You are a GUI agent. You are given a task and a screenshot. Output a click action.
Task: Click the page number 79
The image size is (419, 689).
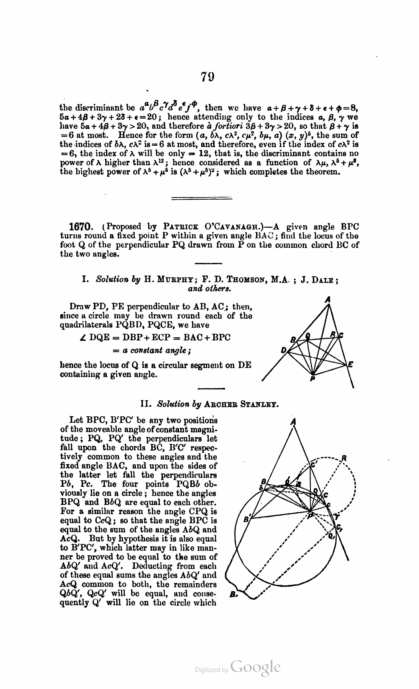click(x=208, y=77)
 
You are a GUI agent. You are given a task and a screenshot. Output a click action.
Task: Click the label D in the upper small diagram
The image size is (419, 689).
click(x=283, y=351)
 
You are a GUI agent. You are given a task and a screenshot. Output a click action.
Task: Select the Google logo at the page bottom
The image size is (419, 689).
click(x=256, y=667)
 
